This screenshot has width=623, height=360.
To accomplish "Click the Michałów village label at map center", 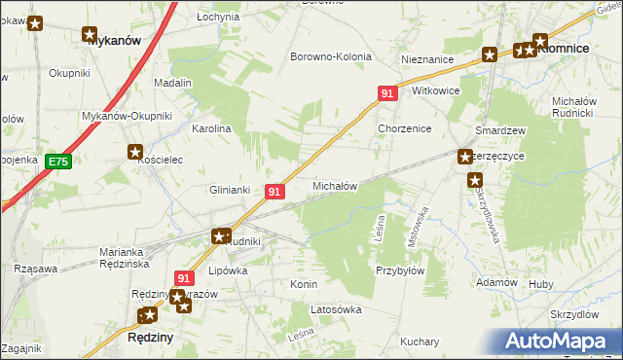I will (334, 185).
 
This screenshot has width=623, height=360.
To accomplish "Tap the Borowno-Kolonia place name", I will (331, 56).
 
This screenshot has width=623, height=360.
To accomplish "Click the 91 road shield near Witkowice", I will (387, 93).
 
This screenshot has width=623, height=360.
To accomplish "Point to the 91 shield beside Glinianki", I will (275, 192).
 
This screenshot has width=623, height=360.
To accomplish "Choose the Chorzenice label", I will (404, 128).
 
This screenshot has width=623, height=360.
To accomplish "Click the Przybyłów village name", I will (400, 271).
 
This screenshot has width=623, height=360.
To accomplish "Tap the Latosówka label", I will (335, 309).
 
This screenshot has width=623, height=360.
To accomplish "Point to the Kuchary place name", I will (420, 342).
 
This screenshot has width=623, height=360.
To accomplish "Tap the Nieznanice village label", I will (427, 59).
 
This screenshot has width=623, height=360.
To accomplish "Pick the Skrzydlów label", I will (573, 314).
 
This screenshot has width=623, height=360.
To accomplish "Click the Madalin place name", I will (172, 84).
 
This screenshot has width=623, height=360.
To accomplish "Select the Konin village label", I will (305, 284).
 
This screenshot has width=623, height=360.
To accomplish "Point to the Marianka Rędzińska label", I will (128, 258).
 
